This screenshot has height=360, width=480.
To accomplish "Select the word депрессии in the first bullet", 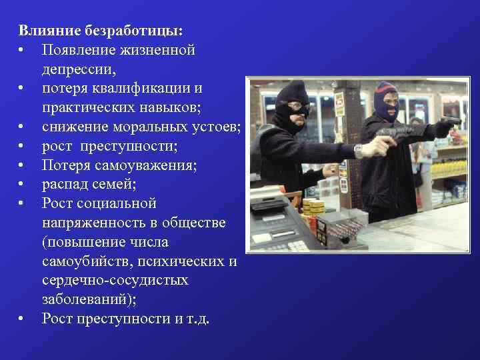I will pos(77,69).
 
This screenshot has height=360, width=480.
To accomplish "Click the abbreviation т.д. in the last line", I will pos(197,319).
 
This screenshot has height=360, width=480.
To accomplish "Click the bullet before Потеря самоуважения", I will pos(22,165).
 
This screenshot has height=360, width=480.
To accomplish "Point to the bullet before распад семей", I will pos(22,184).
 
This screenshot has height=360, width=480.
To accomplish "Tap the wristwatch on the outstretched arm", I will pos(358,151).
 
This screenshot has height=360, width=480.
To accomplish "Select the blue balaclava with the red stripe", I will pos(386,100).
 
